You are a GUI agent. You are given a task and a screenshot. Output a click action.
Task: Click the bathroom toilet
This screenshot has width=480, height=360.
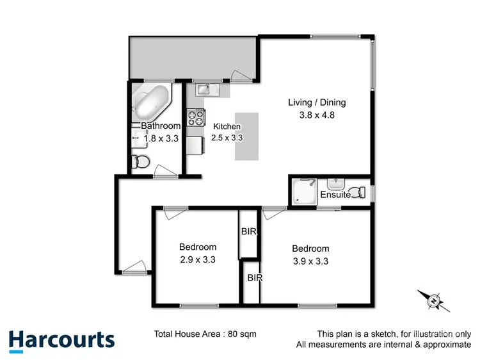click(140, 161)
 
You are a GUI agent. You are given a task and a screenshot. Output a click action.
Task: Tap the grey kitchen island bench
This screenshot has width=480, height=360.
click(246, 137)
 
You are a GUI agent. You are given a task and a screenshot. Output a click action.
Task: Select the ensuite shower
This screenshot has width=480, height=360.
click(304, 191)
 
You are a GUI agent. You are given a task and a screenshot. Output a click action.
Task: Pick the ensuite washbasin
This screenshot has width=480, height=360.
click(337, 184)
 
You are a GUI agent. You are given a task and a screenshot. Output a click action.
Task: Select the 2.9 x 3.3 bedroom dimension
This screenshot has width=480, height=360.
click(198, 259)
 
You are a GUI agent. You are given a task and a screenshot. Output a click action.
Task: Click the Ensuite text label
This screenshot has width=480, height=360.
click(335, 195)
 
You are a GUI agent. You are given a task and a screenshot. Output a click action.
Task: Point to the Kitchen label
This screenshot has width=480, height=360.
click(227, 126)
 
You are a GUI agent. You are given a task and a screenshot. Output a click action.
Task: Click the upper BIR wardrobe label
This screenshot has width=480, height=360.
click(249, 232)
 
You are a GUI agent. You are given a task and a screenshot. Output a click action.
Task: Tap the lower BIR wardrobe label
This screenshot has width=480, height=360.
click(255, 278)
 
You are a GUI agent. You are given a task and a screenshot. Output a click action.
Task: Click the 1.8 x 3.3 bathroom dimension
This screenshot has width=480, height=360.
click(161, 138)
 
